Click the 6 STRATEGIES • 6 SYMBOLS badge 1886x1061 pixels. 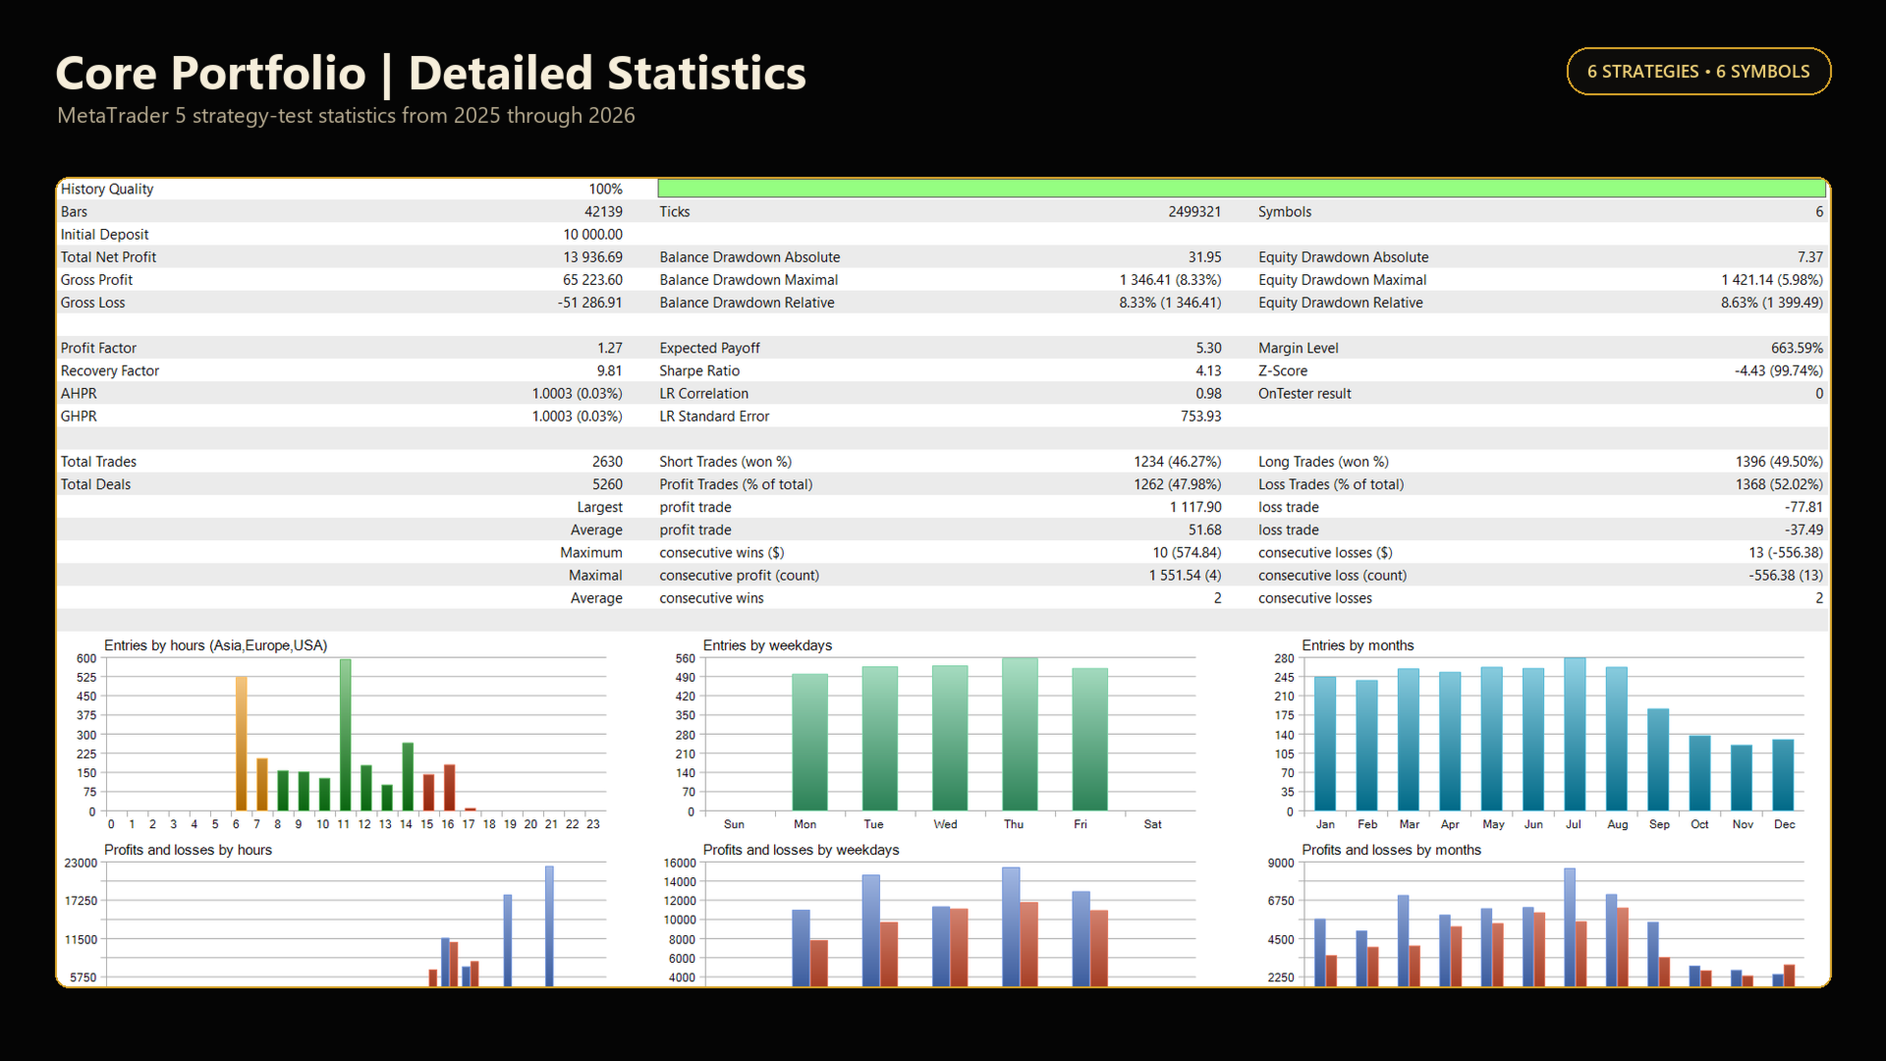(x=1698, y=72)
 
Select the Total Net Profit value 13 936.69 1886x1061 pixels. (x=592, y=257)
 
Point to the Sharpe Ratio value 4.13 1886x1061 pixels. (x=1208, y=371)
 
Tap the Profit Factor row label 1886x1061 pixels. (x=98, y=349)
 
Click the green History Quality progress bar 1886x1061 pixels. (x=1241, y=189)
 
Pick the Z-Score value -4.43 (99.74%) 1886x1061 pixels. (x=1778, y=371)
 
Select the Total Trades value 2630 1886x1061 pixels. (x=607, y=462)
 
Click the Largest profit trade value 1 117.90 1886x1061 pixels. (x=1195, y=508)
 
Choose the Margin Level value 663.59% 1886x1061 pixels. (x=1797, y=349)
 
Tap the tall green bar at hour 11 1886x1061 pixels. (x=345, y=735)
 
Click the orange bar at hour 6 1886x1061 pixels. (x=241, y=744)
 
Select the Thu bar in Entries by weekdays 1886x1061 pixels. (x=1020, y=735)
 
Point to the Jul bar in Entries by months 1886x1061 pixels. (x=1575, y=735)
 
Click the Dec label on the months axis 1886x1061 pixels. (x=1784, y=824)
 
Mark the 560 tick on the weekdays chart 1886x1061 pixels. (x=685, y=659)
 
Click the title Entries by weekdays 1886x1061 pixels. (x=767, y=645)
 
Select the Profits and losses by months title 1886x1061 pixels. (x=1391, y=850)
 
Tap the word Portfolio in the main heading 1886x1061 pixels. (x=268, y=74)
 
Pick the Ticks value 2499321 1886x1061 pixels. (x=1194, y=212)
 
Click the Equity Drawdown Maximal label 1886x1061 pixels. (x=1342, y=280)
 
